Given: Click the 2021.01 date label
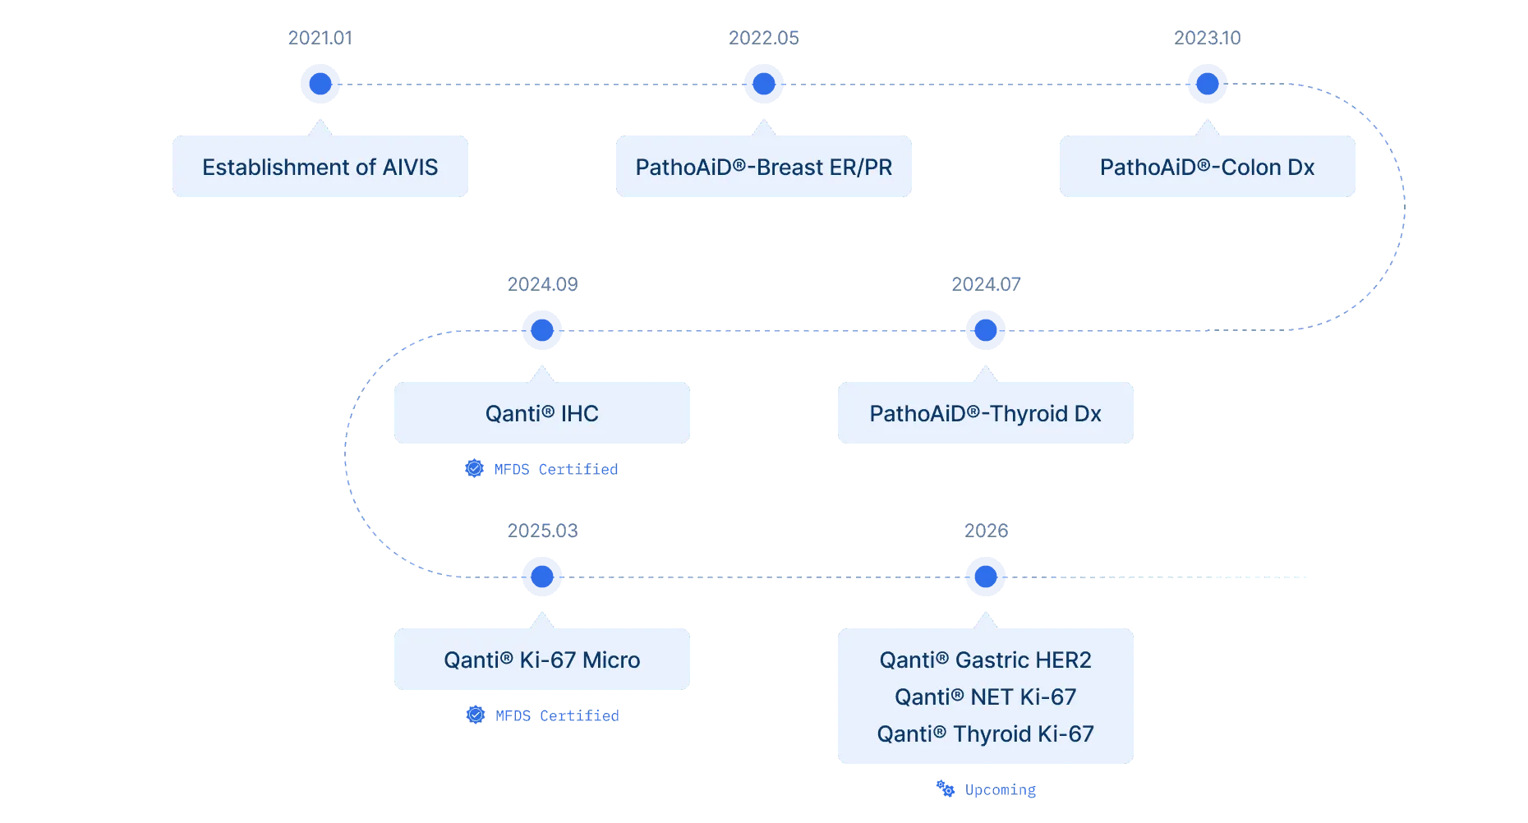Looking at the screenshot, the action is (320, 38).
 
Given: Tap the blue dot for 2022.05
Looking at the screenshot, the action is (764, 84).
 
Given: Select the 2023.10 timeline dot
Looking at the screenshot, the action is (1208, 84).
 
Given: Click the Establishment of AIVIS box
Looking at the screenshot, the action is (320, 167).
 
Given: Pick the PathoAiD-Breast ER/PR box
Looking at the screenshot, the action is (764, 167).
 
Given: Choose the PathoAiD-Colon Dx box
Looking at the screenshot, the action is (1208, 167).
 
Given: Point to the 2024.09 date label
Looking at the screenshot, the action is (542, 284).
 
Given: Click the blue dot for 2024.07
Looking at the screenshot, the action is (986, 330).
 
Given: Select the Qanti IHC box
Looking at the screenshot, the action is (542, 413).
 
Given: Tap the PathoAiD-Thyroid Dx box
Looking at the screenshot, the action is (986, 413).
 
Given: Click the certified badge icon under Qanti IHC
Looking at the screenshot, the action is (474, 468).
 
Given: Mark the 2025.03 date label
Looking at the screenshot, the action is (542, 531).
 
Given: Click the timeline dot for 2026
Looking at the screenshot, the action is (986, 577).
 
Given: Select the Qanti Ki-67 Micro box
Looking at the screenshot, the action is (542, 660).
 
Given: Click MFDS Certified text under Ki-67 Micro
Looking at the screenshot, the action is (557, 715).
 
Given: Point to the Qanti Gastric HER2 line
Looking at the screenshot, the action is (986, 660).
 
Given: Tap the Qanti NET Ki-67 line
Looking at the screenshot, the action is (986, 697).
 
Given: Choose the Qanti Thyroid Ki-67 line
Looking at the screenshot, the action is (986, 734).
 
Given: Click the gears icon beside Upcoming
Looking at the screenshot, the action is (946, 789).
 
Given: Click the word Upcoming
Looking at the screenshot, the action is (1001, 790).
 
